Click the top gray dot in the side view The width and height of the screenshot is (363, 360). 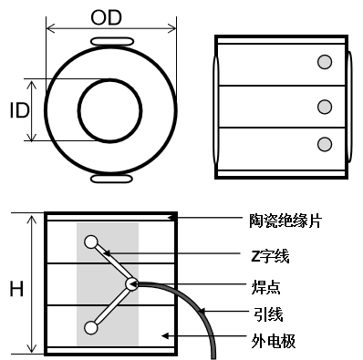coord(324,62)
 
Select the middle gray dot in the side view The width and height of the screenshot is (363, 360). coord(324,107)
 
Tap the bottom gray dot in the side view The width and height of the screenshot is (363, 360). coord(324,143)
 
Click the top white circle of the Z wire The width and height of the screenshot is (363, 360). coord(91,242)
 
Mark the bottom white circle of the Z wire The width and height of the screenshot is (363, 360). coord(91,327)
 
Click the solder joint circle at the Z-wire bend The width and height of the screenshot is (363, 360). coord(131,283)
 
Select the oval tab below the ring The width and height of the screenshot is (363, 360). coord(110,180)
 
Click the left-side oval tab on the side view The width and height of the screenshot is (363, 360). coord(215,107)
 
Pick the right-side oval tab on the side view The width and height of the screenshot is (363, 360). coord(350,107)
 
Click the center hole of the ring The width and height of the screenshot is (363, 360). coord(110,110)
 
